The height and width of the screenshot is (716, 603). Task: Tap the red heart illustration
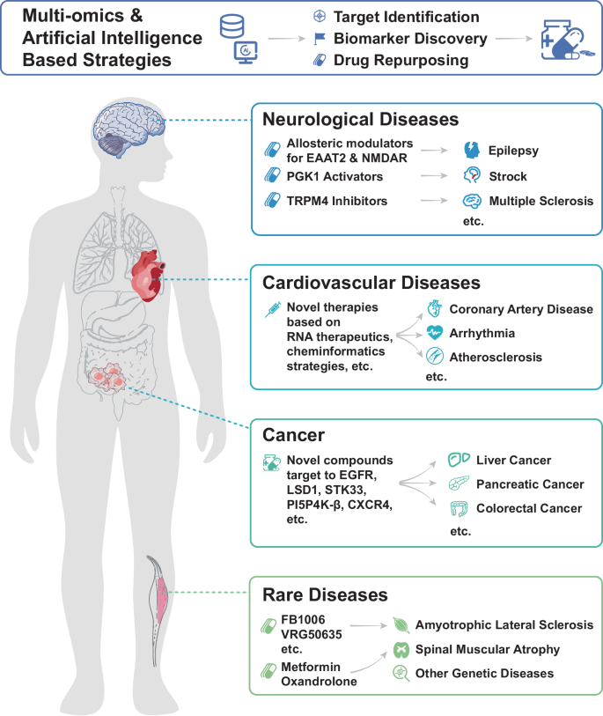147,276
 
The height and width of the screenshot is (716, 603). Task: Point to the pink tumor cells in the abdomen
107,377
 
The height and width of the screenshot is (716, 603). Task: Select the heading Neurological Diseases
360,119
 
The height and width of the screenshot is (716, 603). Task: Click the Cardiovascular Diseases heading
371,283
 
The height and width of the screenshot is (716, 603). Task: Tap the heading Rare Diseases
325,594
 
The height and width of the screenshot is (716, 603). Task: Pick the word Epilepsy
513,151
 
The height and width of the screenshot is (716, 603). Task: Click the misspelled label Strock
508,176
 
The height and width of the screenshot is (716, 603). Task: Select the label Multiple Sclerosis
540,201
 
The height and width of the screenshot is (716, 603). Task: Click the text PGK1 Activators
335,176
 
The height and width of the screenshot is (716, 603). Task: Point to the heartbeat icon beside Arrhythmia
435,332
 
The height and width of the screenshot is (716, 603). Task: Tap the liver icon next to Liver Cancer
459,460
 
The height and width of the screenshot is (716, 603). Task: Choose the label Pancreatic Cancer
530,484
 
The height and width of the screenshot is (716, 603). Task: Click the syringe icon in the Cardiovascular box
273,310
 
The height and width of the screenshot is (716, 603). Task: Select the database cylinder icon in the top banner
232,26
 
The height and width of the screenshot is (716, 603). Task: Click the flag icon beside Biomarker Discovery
320,39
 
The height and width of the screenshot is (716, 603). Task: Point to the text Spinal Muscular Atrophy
487,649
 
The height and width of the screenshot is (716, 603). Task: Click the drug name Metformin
311,667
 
